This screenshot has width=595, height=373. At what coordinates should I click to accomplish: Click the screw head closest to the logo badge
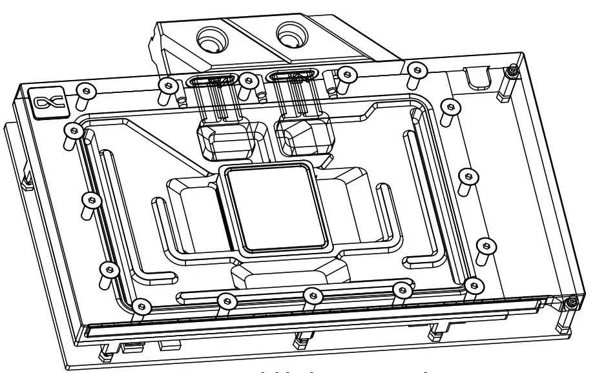tap(82, 88)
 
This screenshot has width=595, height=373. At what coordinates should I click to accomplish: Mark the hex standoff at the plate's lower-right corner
tap(569, 302)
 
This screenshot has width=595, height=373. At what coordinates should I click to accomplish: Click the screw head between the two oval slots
tap(248, 79)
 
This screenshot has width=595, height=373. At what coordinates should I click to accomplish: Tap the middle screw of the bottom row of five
tap(312, 294)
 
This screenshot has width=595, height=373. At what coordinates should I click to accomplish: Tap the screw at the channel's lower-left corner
tap(138, 303)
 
